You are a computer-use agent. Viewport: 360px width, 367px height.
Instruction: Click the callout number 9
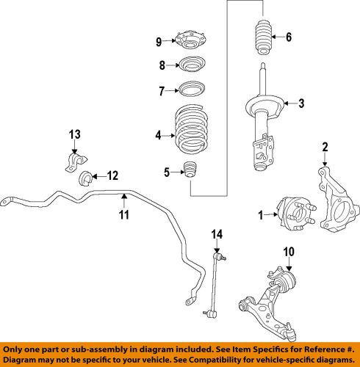157,42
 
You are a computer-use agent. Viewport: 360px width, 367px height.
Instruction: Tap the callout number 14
215,235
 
